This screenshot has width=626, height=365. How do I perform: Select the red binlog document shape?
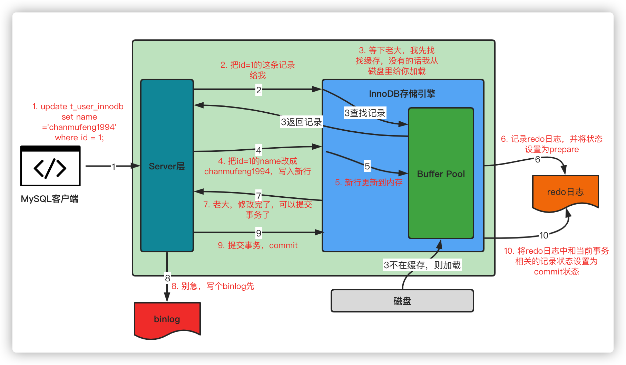pyautogui.click(x=167, y=319)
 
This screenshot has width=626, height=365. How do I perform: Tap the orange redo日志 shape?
pyautogui.click(x=565, y=192)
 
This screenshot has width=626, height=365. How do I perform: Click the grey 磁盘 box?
pyautogui.click(x=402, y=301)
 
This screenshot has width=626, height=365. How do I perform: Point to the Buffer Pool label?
pyautogui.click(x=441, y=174)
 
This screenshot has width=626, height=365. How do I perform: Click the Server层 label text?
pyautogui.click(x=167, y=166)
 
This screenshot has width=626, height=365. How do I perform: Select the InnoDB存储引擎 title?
pyautogui.click(x=402, y=94)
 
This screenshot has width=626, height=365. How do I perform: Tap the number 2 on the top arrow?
pyautogui.click(x=259, y=90)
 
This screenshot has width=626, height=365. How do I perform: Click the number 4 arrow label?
pyautogui.click(x=259, y=150)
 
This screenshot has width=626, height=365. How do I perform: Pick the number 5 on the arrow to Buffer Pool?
pyautogui.click(x=367, y=166)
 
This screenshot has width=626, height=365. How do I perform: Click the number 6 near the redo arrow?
pyautogui.click(x=537, y=159)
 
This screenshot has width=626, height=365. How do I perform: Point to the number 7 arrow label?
pyautogui.click(x=258, y=195)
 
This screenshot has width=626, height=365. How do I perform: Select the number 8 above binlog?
pyautogui.click(x=167, y=278)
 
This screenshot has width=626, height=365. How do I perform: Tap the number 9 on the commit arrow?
pyautogui.click(x=259, y=233)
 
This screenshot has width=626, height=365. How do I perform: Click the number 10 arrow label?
pyautogui.click(x=544, y=235)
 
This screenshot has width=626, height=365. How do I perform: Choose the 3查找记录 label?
pyautogui.click(x=365, y=113)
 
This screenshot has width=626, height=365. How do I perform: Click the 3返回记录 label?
pyautogui.click(x=301, y=122)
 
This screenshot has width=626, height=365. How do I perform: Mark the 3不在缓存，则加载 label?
pyautogui.click(x=422, y=265)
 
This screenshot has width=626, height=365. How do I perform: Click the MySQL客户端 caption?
pyautogui.click(x=50, y=199)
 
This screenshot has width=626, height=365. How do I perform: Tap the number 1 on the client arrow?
pyautogui.click(x=114, y=167)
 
